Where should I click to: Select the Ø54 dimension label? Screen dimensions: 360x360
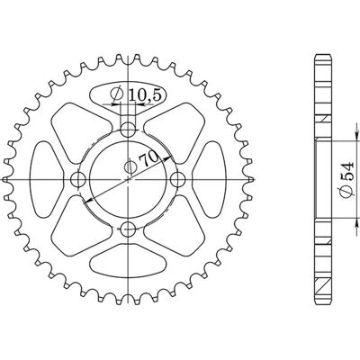coord(346,181)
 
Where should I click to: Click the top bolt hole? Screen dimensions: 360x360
coord(129,130)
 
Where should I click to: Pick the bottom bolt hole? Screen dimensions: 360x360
coord(129,229)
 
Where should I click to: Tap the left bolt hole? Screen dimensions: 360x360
coord(78,180)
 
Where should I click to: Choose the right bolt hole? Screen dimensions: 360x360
coord(178,180)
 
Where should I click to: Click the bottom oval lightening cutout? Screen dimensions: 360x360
coord(128,261)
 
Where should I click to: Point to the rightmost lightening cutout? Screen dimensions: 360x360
coord(209,179)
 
